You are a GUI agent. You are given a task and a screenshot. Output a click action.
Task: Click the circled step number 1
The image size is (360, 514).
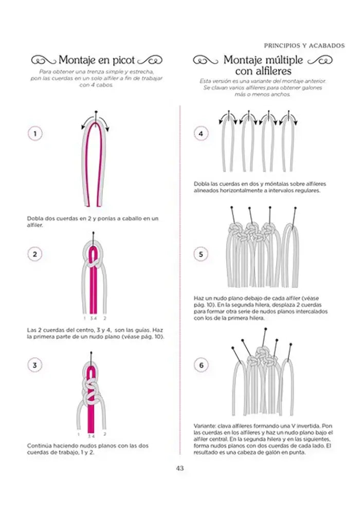(x=35, y=134)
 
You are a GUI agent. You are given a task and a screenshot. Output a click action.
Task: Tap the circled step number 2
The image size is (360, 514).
(x=35, y=254)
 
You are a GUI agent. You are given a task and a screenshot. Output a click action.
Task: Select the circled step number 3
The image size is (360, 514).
(x=35, y=365)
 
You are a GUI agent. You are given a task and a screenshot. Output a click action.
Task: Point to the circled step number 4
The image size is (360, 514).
(x=201, y=134)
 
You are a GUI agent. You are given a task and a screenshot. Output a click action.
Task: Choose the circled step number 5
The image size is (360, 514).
(x=201, y=254)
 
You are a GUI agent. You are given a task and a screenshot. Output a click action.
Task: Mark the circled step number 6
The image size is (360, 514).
(x=201, y=365)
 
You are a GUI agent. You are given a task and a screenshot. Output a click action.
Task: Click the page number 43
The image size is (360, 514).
(x=179, y=468)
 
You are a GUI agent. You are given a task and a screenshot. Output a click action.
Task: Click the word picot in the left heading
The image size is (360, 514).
(x=123, y=61)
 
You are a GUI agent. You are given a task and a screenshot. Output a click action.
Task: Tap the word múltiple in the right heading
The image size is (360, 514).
(x=283, y=60)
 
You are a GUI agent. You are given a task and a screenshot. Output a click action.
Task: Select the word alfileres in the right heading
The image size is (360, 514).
(x=270, y=71)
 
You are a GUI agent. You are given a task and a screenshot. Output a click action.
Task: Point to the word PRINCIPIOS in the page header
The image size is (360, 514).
(x=281, y=46)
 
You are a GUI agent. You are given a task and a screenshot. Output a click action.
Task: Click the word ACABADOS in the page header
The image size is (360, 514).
(x=326, y=46)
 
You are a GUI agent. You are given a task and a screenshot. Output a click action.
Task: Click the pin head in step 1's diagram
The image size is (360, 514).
(x=96, y=112)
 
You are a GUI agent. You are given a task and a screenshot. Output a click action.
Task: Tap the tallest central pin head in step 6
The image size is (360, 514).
(x=265, y=329)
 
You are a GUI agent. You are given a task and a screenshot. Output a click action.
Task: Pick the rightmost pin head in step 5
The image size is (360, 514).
(x=295, y=208)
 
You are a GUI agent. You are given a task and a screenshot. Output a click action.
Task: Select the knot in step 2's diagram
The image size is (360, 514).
(x=94, y=262)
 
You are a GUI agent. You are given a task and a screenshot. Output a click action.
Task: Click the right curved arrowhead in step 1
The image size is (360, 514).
(x=107, y=129)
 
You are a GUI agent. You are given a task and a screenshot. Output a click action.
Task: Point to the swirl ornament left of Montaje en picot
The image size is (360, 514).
(x=43, y=61)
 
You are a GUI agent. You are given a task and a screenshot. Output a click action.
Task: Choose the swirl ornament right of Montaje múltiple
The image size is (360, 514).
(x=320, y=60)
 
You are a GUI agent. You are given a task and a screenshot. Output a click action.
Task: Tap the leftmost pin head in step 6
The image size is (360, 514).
(x=232, y=347)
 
